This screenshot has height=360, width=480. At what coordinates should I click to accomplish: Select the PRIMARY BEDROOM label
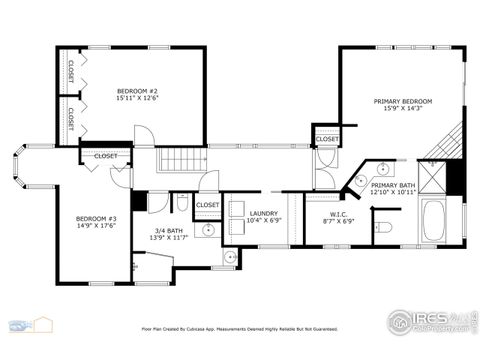point(403,101)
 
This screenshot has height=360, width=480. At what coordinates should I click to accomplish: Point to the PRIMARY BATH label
point(392,185)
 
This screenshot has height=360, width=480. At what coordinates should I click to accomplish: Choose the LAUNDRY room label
point(263,213)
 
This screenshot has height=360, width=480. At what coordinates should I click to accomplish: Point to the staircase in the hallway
point(180,159)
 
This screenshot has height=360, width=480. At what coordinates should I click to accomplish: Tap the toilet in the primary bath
point(386,228)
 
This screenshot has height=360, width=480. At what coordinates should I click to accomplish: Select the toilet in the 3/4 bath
point(182,204)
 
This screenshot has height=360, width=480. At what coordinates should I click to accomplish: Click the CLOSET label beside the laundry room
point(207,205)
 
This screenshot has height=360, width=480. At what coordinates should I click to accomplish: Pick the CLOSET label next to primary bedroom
point(327,139)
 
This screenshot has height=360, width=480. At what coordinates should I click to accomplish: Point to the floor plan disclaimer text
point(239,328)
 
